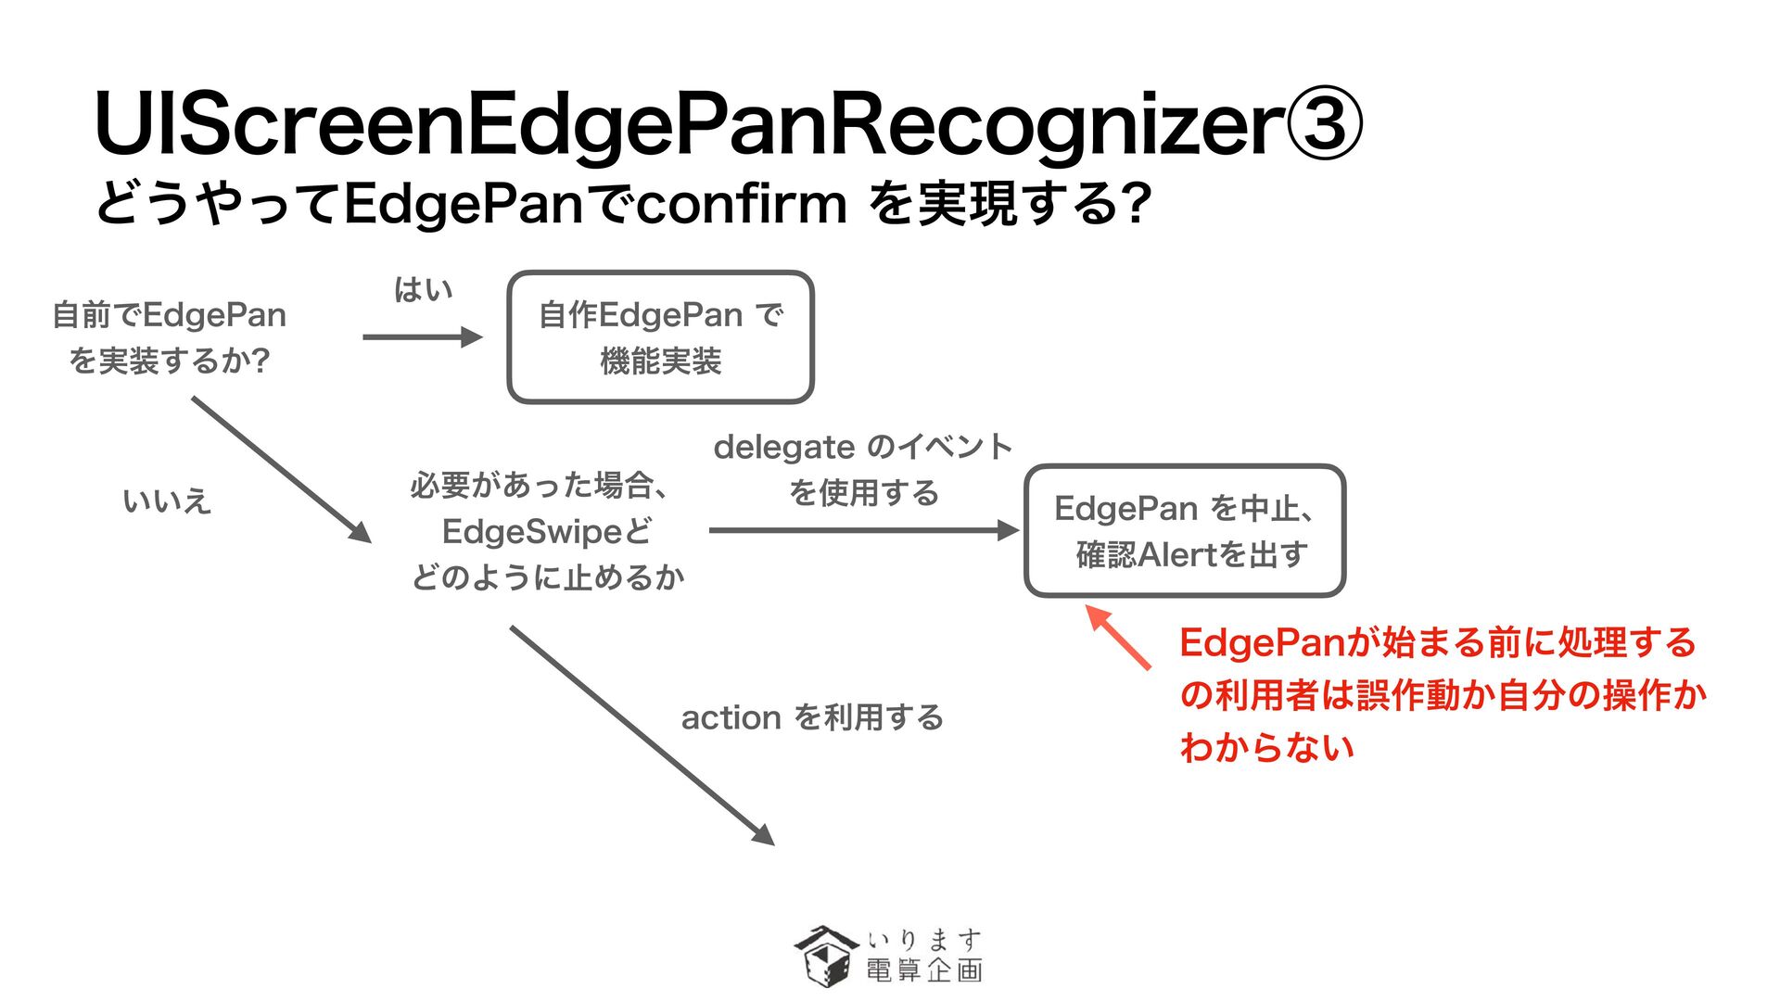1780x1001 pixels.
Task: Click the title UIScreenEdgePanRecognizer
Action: pos(686,125)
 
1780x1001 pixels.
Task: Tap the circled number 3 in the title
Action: pos(1324,125)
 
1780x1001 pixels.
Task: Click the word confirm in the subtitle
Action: pos(741,204)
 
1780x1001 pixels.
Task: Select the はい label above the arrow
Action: pos(423,290)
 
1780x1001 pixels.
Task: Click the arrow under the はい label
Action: pos(422,337)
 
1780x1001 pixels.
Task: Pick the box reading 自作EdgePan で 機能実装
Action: pos(660,337)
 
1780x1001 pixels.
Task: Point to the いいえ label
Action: pos(167,501)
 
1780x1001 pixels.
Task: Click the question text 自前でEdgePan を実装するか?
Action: pos(169,337)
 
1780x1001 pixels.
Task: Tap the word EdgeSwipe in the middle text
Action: pos(532,532)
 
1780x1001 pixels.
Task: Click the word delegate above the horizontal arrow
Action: pos(783,448)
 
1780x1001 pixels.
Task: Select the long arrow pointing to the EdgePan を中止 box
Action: pos(862,530)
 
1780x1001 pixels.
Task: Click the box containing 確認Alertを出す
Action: pos(1184,531)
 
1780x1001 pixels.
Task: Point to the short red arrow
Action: pos(1118,637)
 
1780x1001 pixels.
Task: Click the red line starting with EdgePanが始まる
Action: pos(1437,643)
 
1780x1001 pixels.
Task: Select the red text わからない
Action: pos(1266,747)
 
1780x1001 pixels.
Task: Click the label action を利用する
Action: pos(812,717)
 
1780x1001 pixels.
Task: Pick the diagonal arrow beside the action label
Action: pos(642,735)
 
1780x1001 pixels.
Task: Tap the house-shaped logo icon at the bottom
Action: pos(824,956)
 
